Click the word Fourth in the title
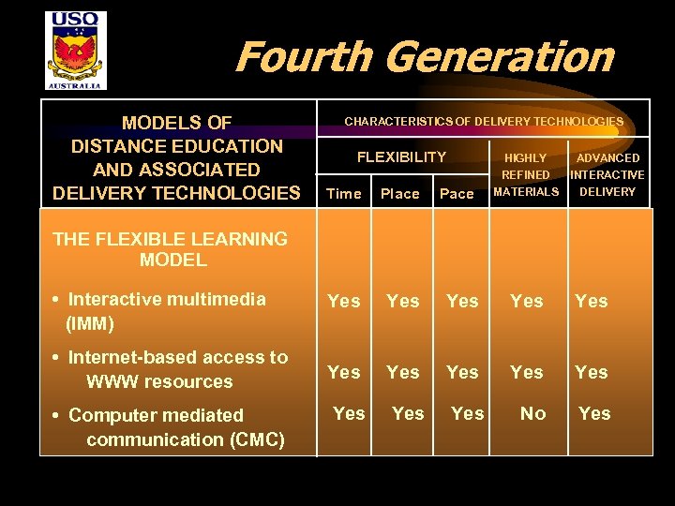coord(302,57)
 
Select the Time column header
coord(343,194)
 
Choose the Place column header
coord(399,194)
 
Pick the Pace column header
coord(457,194)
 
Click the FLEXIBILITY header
coord(401,157)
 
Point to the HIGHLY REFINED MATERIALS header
coord(526,175)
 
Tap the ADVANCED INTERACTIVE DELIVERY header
coord(607,175)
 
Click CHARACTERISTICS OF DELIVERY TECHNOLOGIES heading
coord(484,122)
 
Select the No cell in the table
coord(532,413)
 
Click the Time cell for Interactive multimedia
coord(343,301)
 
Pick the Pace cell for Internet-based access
coord(462,372)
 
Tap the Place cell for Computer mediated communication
coord(408,413)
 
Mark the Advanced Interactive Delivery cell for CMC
coord(594,413)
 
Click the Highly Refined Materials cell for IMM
coord(526,301)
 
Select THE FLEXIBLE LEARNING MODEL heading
coord(171,249)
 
